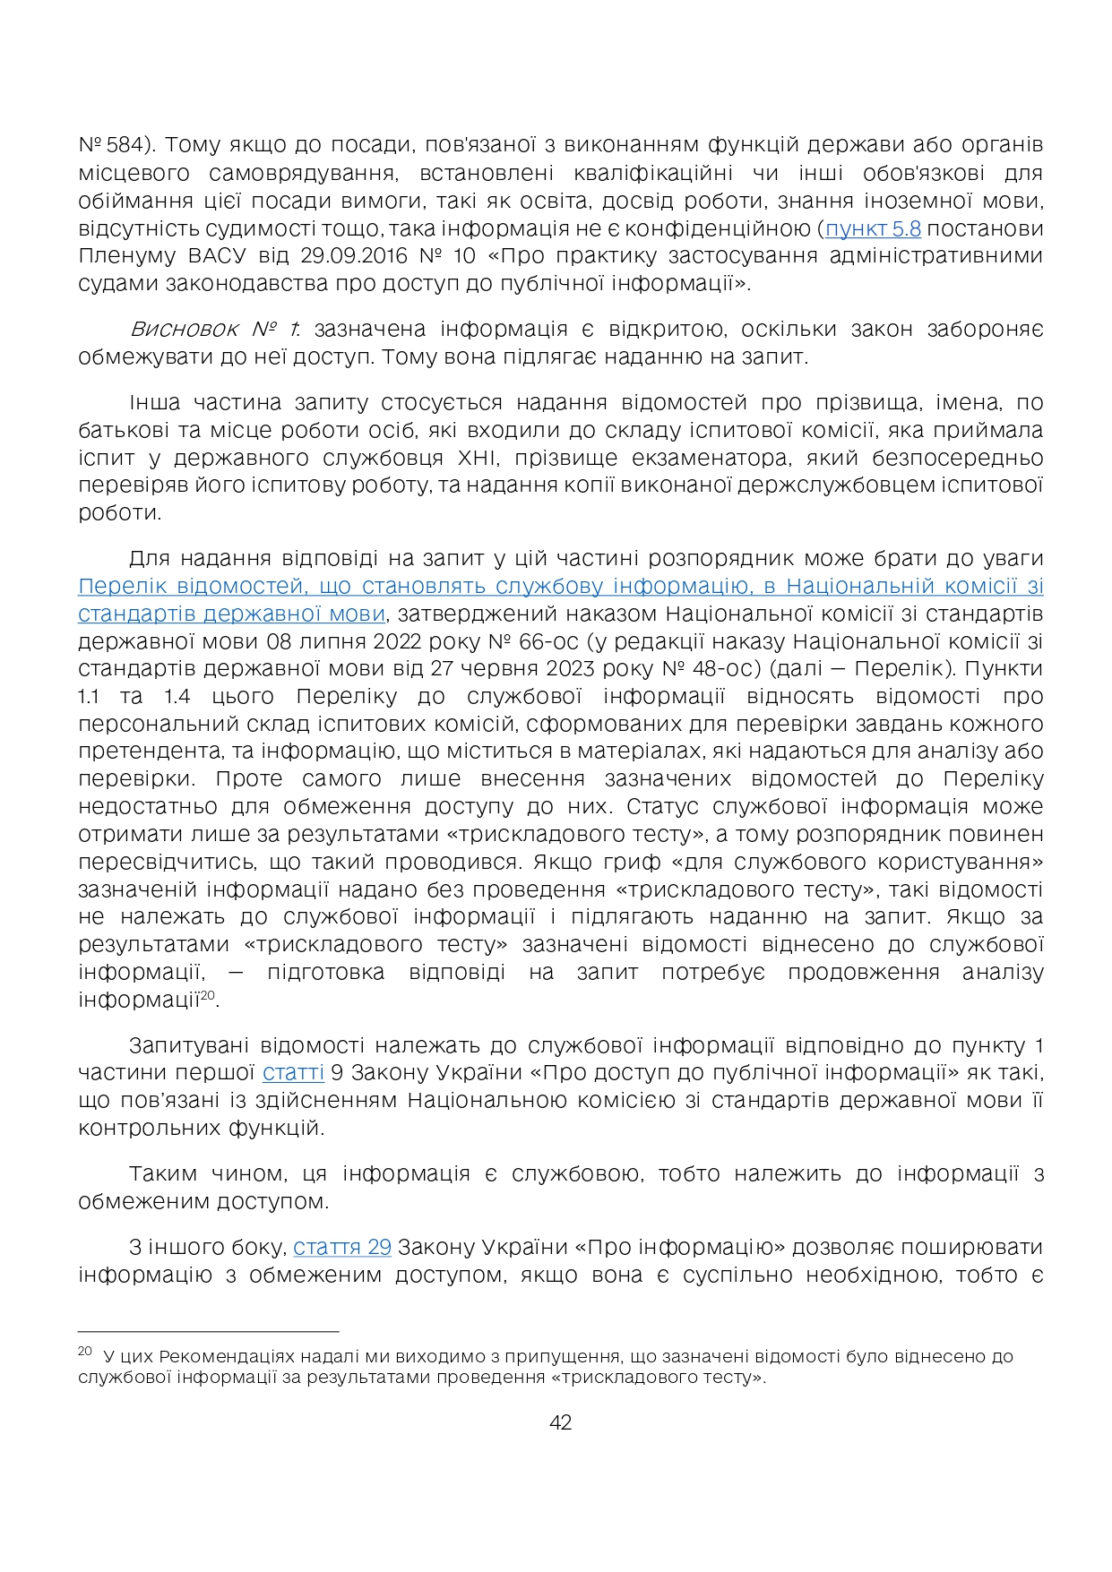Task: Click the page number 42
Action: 560,1422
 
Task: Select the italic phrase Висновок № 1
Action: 214,330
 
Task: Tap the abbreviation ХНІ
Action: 478,459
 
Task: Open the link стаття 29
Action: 342,1247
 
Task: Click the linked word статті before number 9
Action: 293,1073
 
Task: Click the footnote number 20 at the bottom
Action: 85,1351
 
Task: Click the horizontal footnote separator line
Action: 208,1332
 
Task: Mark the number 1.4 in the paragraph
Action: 177,697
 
